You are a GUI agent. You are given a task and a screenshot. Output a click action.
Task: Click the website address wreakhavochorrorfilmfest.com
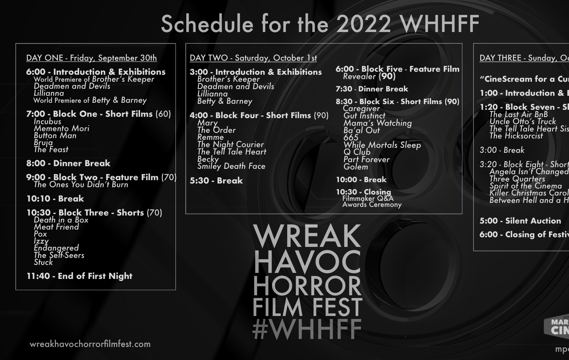click(90, 344)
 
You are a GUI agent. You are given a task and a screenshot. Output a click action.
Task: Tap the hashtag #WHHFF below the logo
click(307, 329)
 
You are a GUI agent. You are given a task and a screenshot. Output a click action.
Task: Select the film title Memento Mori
click(61, 128)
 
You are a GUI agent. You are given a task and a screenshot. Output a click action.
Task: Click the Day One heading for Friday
click(91, 58)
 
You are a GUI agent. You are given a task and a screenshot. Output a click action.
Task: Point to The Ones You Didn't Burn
click(81, 185)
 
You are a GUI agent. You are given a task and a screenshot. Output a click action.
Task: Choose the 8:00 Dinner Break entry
click(68, 163)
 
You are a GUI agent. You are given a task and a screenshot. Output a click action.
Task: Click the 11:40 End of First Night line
click(79, 276)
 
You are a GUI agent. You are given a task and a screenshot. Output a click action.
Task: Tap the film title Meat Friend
click(56, 227)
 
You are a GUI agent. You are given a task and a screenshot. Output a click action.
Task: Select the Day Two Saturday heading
click(253, 58)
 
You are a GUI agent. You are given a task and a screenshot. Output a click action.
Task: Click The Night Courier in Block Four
click(230, 144)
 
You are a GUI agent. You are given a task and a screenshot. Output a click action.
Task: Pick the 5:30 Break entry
click(216, 181)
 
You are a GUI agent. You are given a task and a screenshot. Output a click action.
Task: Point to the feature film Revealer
click(359, 76)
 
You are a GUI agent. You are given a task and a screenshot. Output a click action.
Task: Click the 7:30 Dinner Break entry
click(372, 89)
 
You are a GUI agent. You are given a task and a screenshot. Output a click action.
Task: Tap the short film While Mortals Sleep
click(382, 145)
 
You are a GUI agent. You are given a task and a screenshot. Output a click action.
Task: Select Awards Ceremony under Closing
click(372, 205)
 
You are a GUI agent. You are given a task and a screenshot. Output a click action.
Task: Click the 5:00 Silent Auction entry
click(520, 221)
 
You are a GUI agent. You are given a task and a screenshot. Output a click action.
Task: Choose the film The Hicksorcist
click(516, 136)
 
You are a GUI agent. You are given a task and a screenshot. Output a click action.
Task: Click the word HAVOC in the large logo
click(307, 262)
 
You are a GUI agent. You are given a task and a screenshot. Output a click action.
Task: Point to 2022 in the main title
click(363, 24)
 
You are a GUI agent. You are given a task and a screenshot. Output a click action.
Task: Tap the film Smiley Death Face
click(231, 166)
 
